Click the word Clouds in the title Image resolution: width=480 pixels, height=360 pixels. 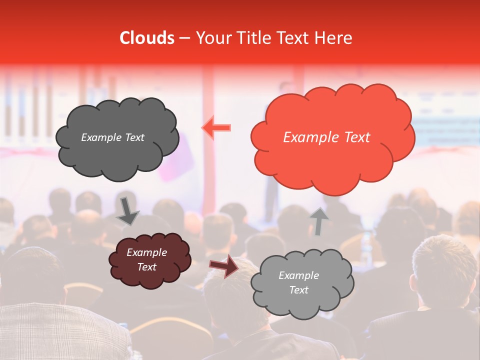coord(147,38)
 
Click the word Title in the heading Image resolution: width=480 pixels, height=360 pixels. coord(253,38)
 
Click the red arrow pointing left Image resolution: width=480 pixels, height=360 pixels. coord(216,128)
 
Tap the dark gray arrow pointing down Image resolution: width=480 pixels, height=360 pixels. coord(128,211)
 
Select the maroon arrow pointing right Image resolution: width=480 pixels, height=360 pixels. coord(224,266)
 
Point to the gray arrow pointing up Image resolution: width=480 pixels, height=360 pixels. coord(319,221)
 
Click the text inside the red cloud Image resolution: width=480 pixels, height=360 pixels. coord(326,137)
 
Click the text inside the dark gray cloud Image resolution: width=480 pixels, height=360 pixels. coord(112,137)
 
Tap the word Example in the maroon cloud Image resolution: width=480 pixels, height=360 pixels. coord(146,252)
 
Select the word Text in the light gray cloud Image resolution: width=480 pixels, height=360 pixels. coord(298,290)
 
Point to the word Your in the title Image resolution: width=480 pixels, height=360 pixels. coord(211,38)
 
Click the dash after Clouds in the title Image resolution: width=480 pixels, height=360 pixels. coord(184,38)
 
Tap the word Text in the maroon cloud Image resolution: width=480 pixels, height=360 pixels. coord(146,267)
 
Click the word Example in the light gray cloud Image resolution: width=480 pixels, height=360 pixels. coord(298,275)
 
